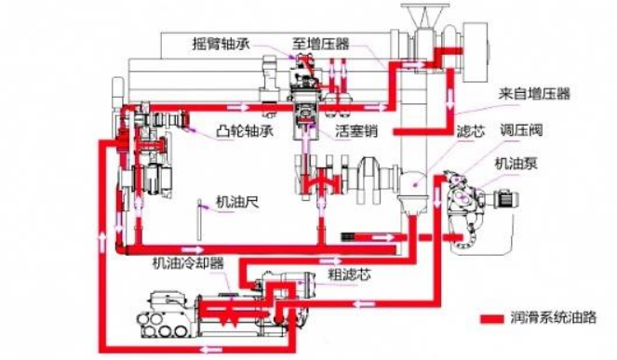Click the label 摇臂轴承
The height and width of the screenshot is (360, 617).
point(221,44)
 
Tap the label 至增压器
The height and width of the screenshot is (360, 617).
point(321,44)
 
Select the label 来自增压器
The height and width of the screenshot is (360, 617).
point(534,94)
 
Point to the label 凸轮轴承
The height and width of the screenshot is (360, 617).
point(245,131)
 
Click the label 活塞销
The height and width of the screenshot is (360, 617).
point(356,131)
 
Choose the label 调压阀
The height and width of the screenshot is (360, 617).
point(521,130)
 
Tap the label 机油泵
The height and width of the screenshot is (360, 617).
point(516,164)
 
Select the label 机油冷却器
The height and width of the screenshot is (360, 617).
point(188,263)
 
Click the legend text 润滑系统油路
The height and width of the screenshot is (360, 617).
point(554,317)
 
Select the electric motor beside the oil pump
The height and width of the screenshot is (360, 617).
point(506,199)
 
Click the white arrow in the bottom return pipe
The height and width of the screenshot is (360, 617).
point(211,349)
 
